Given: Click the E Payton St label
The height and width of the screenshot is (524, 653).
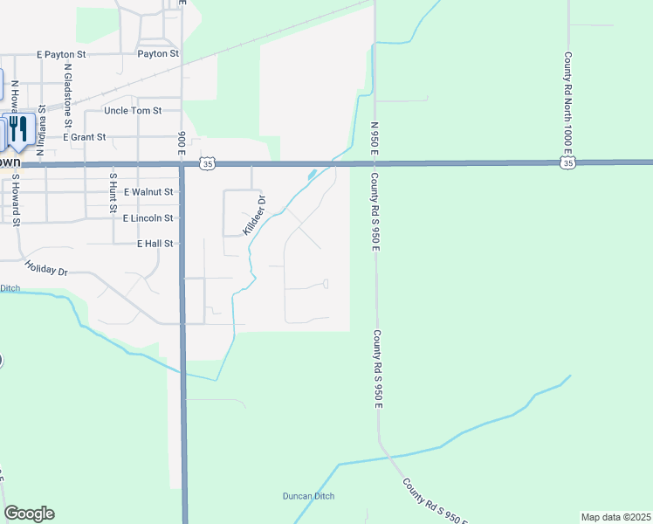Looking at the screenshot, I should tap(62, 54).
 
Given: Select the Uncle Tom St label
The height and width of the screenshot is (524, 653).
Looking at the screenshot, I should tap(133, 111).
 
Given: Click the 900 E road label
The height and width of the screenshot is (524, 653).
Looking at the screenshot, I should tap(182, 140).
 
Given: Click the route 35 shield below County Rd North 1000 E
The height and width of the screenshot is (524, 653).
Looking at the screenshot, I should tap(567, 162).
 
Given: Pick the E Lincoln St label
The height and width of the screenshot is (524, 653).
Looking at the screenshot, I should tap(148, 217).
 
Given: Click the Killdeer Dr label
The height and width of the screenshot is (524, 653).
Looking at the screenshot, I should tap(254, 215).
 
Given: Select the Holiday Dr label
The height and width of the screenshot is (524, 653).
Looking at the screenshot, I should tap(46, 270).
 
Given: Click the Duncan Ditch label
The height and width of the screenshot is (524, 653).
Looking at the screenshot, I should tap(308, 496).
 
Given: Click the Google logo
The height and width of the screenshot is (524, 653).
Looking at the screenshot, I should tap(29, 514).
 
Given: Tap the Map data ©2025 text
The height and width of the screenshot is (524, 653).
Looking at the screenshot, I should tap(615, 517).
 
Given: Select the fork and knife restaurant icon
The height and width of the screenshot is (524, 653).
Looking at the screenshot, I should tap(18, 128).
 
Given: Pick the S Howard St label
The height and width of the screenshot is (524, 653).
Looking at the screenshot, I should tap(15, 201).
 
